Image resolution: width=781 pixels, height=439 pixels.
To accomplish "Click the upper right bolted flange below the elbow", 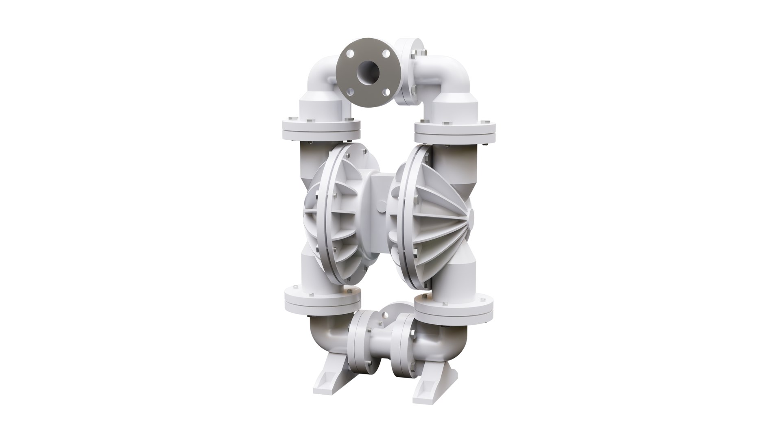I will coord(455,130).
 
